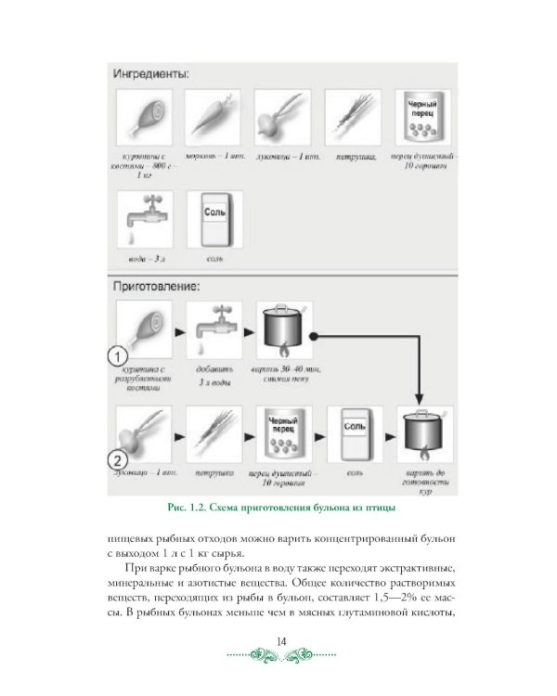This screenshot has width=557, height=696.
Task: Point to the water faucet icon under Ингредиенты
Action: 143,218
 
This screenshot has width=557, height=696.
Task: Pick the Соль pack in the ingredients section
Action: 214,218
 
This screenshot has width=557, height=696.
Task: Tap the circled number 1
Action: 117,355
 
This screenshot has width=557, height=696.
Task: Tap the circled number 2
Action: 117,457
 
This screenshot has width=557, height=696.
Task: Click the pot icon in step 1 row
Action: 283,329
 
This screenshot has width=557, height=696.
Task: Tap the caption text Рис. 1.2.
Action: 191,506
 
